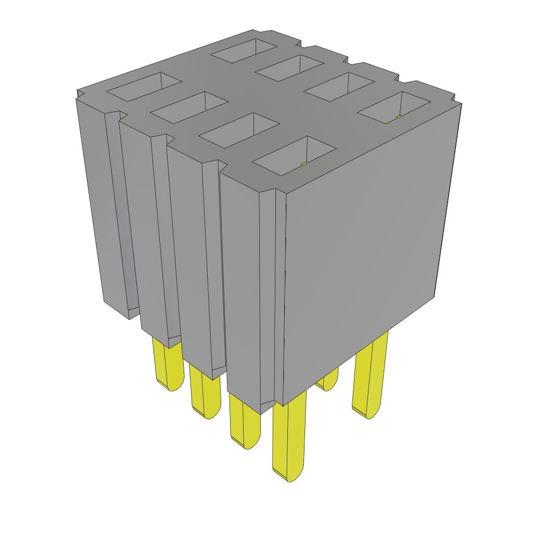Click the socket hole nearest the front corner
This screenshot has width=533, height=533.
pyautogui.click(x=294, y=155)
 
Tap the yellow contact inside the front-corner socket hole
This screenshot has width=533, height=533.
pyautogui.click(x=304, y=164)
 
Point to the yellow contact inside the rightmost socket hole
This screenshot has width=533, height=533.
pyautogui.click(x=399, y=117)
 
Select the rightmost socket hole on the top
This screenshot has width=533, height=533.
pyautogui.click(x=394, y=108)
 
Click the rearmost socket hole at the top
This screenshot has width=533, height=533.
pyautogui.click(x=244, y=50)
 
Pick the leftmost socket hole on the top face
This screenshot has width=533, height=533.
pyautogui.click(x=144, y=86)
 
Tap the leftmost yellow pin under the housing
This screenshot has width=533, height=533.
pyautogui.click(x=168, y=364)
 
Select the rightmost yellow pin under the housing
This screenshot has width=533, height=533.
pyautogui.click(x=370, y=375)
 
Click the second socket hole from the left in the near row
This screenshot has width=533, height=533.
pyautogui.click(x=189, y=107)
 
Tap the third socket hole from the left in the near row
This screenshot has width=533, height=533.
pyautogui.click(x=239, y=130)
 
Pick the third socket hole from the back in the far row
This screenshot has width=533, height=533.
pyautogui.click(x=339, y=86)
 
